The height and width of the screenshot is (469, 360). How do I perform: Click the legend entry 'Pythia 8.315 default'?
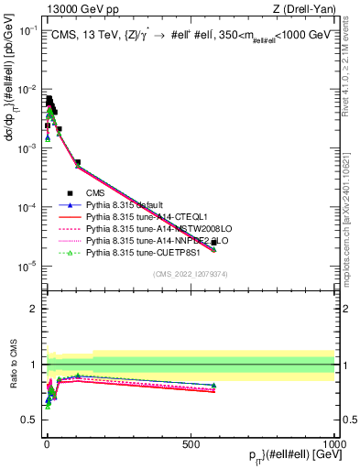pos(124,204)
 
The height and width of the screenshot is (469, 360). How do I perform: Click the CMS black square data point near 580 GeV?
pos(213,243)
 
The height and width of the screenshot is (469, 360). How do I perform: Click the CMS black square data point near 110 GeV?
pos(78,162)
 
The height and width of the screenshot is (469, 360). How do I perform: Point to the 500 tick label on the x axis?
pos(191,443)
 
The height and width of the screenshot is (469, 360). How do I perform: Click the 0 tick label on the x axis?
pos(47,443)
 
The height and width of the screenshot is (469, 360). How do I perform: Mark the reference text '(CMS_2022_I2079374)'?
pos(190,273)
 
